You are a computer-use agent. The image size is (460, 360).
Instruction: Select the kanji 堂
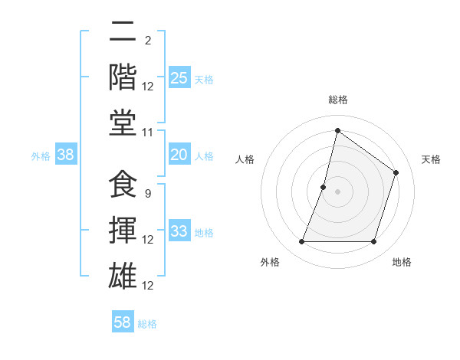[x=123, y=123]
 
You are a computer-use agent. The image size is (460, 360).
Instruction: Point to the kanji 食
[x=123, y=185]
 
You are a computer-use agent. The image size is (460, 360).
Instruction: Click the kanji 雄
[x=123, y=275]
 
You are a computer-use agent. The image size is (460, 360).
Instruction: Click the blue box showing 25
[x=179, y=78]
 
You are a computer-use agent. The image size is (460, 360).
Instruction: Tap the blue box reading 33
[x=179, y=231]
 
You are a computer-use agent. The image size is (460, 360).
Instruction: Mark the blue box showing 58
[x=123, y=322]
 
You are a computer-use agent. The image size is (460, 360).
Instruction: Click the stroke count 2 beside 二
[x=147, y=41]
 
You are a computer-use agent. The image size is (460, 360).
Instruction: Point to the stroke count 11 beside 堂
[x=148, y=133]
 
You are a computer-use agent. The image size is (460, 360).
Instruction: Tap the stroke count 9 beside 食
[x=147, y=194]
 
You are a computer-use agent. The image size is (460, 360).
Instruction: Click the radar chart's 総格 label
[x=338, y=100]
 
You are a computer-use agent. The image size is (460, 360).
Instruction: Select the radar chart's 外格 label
[x=270, y=262]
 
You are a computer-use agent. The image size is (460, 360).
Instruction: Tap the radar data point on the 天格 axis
[x=396, y=172]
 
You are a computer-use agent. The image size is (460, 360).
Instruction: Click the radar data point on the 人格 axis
[x=324, y=187]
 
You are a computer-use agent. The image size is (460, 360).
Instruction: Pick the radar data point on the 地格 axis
[x=374, y=242]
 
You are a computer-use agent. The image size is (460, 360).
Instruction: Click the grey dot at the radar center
[x=338, y=191]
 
